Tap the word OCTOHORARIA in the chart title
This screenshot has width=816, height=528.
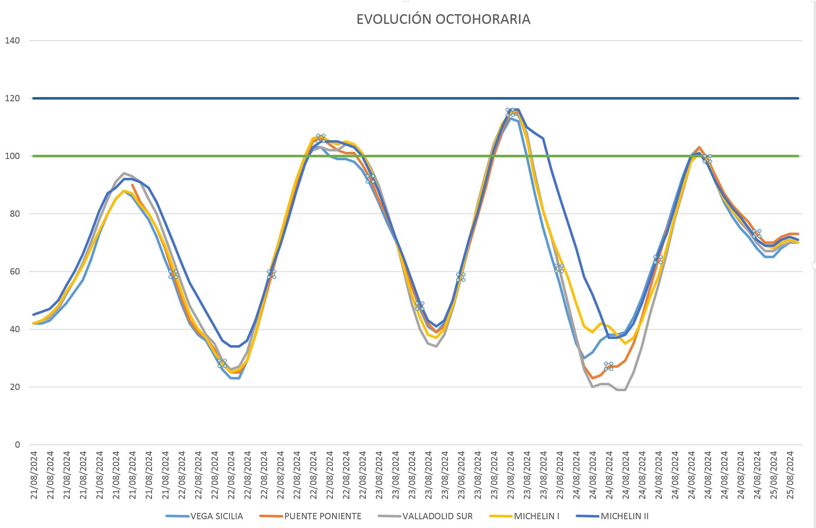click(483, 19)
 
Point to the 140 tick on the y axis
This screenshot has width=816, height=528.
click(12, 41)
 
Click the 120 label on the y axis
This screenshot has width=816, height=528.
click(12, 98)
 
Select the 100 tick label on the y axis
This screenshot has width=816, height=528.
click(12, 156)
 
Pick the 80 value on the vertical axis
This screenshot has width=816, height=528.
click(14, 214)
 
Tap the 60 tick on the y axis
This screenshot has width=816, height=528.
click(14, 272)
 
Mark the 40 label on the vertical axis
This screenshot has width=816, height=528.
click(14, 329)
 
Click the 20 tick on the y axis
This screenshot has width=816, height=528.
click(14, 387)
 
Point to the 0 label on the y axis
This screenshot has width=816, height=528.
click(17, 445)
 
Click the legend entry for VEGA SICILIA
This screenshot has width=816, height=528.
click(216, 516)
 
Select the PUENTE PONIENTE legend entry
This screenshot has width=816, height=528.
click(322, 516)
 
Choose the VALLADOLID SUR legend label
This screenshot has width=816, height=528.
click(437, 516)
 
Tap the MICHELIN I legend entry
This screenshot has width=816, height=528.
click(536, 516)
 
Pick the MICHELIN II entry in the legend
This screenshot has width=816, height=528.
click(624, 516)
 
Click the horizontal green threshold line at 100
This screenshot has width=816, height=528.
click(209, 156)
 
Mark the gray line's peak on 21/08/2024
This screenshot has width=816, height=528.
click(124, 173)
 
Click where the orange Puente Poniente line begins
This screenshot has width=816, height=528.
click(132, 185)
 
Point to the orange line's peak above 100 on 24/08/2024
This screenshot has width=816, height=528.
click(699, 147)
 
